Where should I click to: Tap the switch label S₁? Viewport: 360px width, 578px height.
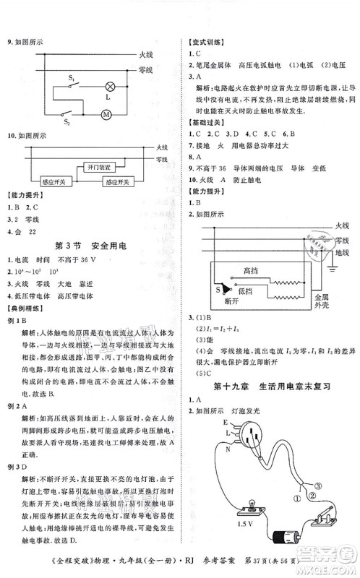(x=72, y=76)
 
